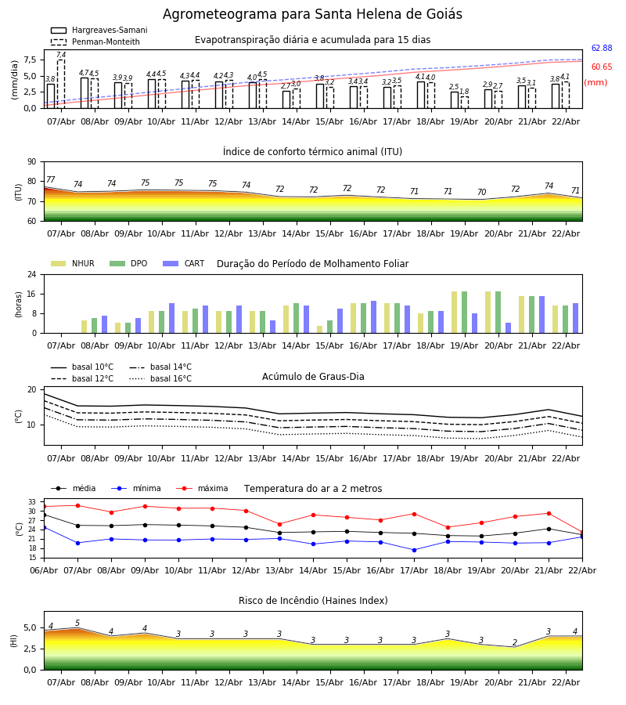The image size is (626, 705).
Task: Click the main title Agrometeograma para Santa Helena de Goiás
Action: (312, 15)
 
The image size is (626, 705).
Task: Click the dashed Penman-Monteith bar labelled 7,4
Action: (61, 83)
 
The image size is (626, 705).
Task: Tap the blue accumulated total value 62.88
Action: (601, 49)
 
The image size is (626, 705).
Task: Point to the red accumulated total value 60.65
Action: (601, 67)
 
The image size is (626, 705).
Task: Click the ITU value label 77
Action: (51, 180)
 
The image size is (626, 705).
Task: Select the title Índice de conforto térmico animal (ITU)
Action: (312, 152)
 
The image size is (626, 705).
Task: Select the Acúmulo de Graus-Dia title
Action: (313, 377)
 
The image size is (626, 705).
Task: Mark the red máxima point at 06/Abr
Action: (44, 507)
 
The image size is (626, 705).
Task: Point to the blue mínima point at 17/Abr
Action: (414, 550)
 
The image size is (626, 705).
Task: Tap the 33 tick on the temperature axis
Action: (31, 502)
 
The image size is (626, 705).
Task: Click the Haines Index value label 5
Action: (77, 624)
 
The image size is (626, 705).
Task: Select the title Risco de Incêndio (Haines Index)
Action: (313, 601)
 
